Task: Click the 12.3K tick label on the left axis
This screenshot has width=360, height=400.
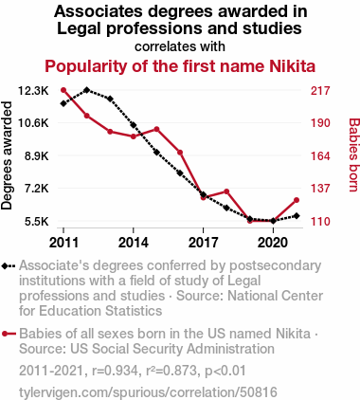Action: point(33,91)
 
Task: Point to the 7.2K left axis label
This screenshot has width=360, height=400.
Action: point(37,189)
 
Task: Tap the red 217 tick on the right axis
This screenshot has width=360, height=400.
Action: point(320,91)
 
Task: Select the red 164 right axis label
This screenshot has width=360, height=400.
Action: point(320,156)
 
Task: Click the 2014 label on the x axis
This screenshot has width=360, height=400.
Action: point(134,243)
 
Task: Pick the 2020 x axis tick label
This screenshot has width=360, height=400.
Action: point(273,243)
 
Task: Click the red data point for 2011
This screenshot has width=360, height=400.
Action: point(63,90)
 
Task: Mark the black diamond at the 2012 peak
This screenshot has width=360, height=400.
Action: point(87,90)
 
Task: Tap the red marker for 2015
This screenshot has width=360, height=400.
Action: point(156,129)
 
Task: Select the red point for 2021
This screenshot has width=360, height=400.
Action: point(297,200)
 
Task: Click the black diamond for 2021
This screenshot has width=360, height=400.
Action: point(297,216)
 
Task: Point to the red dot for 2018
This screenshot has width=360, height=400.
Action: point(226,191)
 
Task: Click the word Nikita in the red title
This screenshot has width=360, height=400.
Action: point(292,66)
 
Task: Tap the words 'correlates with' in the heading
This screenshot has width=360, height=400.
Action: point(180,46)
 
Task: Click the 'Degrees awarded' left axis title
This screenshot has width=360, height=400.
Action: point(7,155)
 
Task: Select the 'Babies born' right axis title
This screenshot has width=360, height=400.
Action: point(353,155)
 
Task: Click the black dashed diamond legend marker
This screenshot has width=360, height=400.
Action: point(9,266)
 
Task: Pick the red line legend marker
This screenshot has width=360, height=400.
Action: point(9,334)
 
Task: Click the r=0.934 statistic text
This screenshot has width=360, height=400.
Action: point(115,371)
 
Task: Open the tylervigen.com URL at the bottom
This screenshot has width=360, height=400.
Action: point(148,392)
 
